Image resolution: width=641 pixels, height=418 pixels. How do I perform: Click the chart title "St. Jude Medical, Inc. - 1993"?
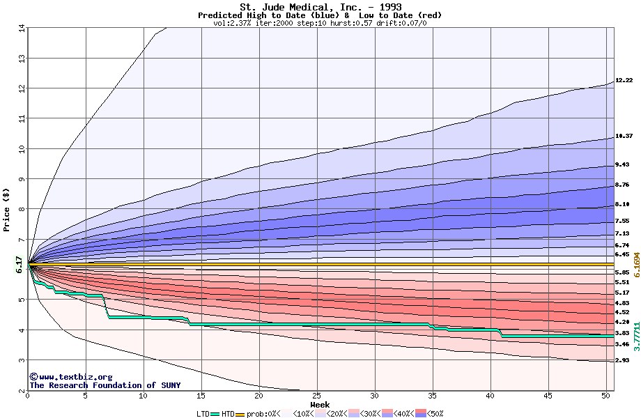320,7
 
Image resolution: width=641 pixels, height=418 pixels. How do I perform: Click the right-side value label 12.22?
624,81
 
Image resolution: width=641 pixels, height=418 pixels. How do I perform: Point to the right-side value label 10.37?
624,136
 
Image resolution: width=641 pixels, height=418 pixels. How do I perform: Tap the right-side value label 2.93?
622,360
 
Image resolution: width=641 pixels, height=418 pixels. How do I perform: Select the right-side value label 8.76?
622,185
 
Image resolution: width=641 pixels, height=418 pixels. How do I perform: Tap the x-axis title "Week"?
320,405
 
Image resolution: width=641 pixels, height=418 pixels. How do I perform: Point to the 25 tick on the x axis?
317,396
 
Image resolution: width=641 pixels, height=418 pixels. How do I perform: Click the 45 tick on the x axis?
548,396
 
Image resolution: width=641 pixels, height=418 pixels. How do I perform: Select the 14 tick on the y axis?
22,28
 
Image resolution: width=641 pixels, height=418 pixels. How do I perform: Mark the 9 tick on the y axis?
22,179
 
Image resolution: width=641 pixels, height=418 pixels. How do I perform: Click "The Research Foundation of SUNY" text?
105,385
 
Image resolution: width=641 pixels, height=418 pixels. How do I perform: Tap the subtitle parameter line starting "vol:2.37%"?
320,23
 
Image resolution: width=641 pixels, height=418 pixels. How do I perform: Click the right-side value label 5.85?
622,272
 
